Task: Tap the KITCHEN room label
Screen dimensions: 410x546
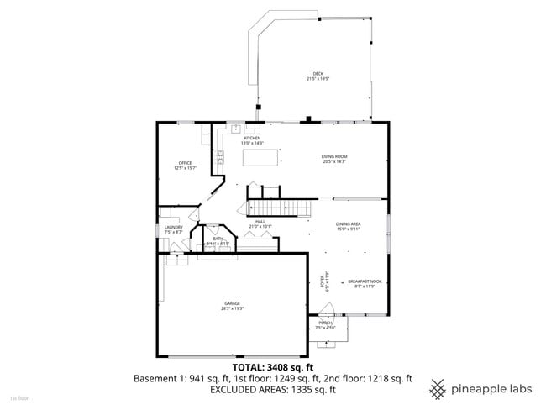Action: tap(252, 138)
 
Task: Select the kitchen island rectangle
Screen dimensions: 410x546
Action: tap(261, 157)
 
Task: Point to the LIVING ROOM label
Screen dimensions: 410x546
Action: tap(333, 156)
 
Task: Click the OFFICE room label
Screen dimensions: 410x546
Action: tap(185, 163)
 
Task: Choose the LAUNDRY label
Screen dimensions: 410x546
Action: tap(174, 227)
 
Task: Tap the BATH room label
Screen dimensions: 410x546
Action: tap(218, 239)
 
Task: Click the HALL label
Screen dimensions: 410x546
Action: tap(260, 222)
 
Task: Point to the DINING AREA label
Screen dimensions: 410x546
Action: tap(348, 224)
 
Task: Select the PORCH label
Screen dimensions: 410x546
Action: tap(326, 323)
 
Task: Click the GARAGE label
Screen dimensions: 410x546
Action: tap(232, 303)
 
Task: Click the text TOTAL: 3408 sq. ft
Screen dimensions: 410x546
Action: tap(272, 367)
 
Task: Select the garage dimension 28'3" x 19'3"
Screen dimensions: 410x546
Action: tap(232, 308)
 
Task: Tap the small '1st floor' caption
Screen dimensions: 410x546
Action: tap(19, 397)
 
